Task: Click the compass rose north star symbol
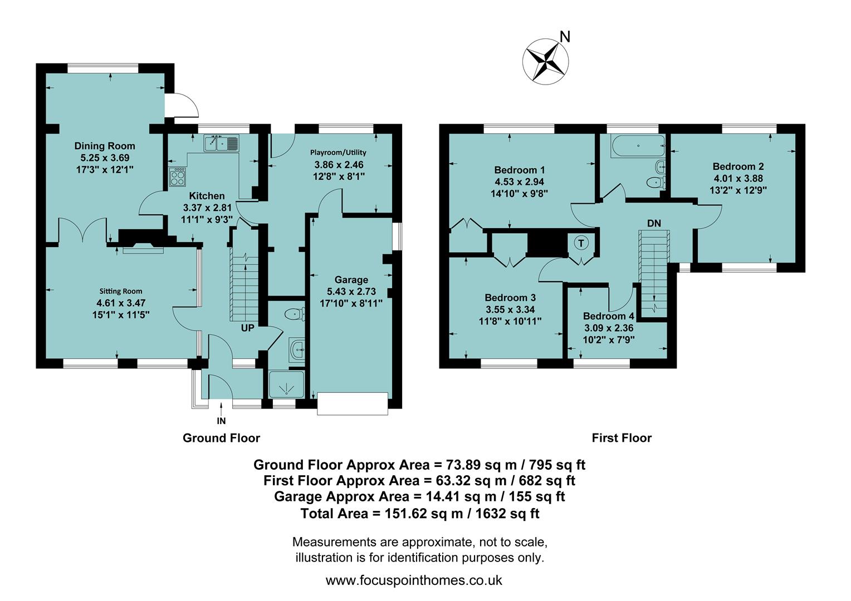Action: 545,61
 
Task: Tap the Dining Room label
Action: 105,146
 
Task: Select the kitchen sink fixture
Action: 222,144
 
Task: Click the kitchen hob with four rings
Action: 178,177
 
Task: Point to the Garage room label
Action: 351,280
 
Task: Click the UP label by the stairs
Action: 247,328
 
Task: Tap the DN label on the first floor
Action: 654,223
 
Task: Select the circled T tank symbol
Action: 581,243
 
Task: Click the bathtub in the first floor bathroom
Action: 638,146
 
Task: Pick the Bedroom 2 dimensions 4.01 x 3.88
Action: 738,179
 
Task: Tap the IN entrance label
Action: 221,421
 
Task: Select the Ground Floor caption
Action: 221,438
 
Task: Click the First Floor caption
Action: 621,438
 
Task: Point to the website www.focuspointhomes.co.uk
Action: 414,580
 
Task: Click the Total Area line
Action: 420,514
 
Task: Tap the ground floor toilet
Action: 294,314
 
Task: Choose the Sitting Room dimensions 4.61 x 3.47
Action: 121,303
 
